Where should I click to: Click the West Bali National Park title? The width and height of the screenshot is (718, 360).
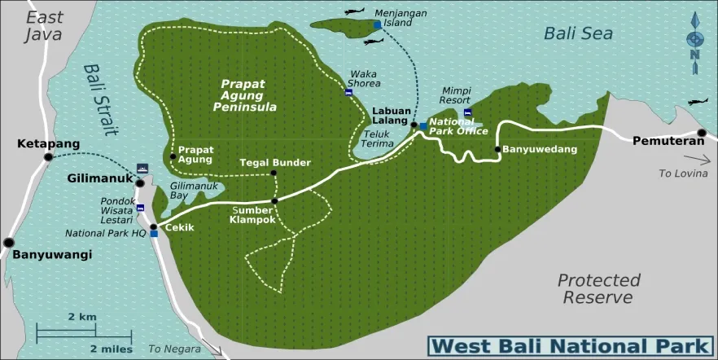click(570, 345)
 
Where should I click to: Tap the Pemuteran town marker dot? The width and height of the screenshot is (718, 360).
click(702, 134)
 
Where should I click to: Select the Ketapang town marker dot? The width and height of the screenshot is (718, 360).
click(49, 156)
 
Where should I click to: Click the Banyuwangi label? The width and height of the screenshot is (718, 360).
click(52, 254)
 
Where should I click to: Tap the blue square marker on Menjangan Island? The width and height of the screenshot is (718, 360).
click(377, 25)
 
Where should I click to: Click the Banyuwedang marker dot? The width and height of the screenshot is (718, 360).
click(497, 149)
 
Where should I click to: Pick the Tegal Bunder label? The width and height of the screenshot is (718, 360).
click(275, 162)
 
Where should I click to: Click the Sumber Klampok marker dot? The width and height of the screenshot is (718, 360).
click(274, 200)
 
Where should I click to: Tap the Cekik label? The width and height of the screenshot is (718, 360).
click(179, 227)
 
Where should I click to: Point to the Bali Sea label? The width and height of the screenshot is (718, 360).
click(579, 33)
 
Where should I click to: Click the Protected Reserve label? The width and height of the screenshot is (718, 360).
click(598, 288)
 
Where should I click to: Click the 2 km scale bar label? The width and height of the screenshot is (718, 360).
click(82, 316)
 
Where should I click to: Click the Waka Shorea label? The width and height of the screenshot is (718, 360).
click(363, 78)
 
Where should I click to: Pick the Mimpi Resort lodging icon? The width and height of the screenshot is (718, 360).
click(467, 112)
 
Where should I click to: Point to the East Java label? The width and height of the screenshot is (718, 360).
click(43, 25)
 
